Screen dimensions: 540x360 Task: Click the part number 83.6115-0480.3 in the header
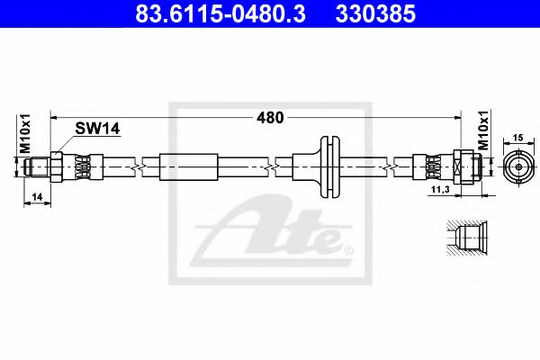(220, 14)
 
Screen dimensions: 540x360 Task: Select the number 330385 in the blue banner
(375, 14)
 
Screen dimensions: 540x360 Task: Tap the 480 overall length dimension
(270, 118)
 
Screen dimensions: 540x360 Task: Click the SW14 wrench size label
(97, 129)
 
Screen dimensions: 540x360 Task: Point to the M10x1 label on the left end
(24, 133)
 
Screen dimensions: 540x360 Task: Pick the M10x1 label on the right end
(484, 130)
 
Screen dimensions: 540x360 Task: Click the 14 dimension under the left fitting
(37, 197)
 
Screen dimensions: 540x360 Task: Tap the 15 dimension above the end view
(518, 138)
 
